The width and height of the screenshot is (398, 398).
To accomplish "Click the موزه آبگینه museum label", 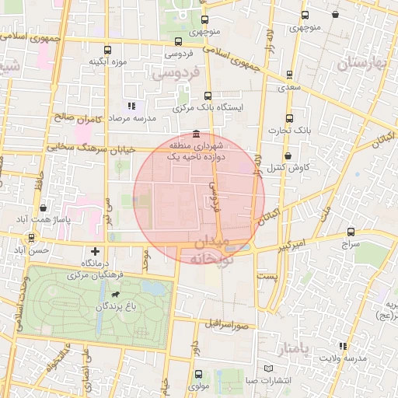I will click(x=107, y=61).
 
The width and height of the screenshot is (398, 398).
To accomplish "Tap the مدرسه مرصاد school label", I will click(x=131, y=117).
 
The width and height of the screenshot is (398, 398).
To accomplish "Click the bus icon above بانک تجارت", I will click(x=289, y=118).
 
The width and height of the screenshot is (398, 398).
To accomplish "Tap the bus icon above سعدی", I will click(x=290, y=75).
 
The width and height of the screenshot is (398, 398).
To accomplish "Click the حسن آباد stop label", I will click(x=33, y=250).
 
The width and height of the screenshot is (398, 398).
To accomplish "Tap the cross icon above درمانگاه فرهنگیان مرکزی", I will click(x=95, y=251).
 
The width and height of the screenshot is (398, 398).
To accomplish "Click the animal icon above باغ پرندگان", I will click(x=116, y=295).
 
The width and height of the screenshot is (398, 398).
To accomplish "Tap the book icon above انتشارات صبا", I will click(x=268, y=368).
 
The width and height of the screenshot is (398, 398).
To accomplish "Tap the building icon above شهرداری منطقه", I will click(x=194, y=133).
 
